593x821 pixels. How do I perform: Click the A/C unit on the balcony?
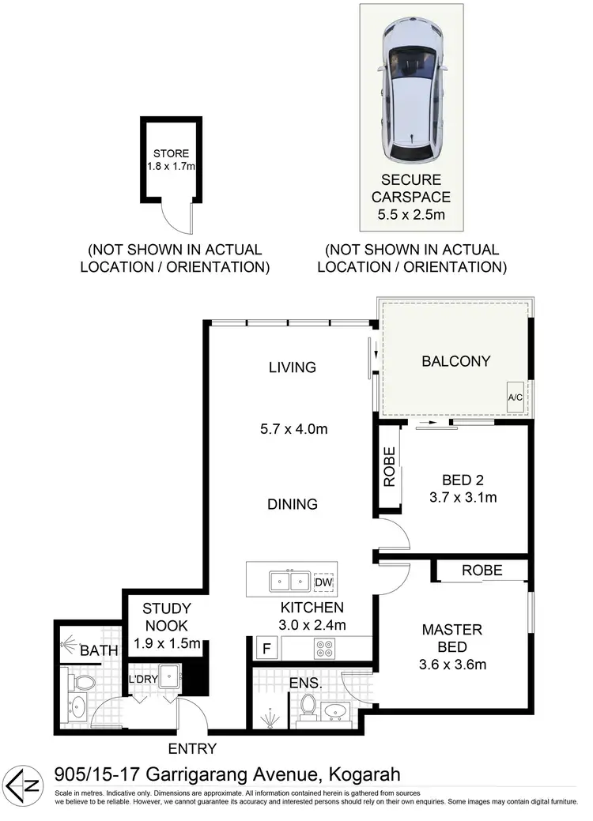[x=516, y=396]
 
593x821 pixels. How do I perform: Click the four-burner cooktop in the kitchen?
[x=325, y=648]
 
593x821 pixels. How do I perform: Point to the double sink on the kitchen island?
[x=288, y=582]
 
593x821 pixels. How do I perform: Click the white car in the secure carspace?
[x=410, y=92]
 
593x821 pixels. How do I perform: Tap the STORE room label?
[x=171, y=153]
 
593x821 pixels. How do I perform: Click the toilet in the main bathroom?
[x=81, y=681]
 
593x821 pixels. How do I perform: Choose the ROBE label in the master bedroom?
[x=482, y=569]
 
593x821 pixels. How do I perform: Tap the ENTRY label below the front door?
[x=191, y=748]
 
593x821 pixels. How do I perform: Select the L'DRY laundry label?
[x=144, y=678]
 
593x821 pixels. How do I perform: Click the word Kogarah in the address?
[x=363, y=774]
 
